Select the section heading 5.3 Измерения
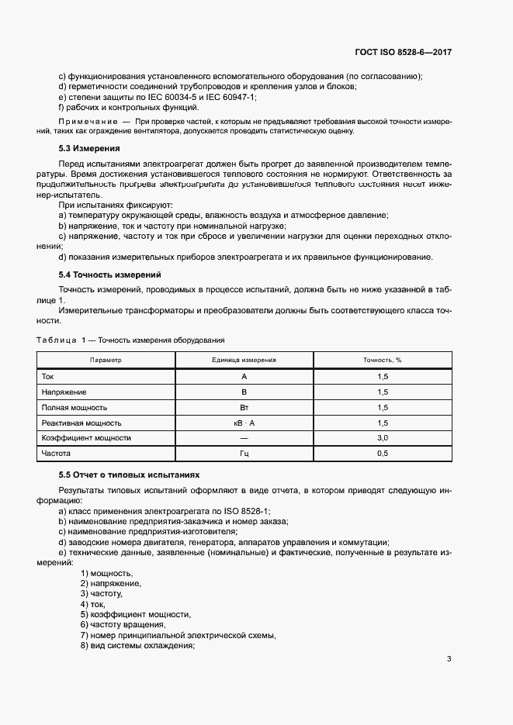pyautogui.click(x=89, y=147)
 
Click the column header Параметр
pyautogui.click(x=106, y=360)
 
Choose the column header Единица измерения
pyautogui.click(x=244, y=360)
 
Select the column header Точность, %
pyautogui.click(x=382, y=360)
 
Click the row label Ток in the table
pyautogui.click(x=48, y=376)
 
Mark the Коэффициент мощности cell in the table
pyautogui.click(x=85, y=438)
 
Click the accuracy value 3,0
pyautogui.click(x=382, y=438)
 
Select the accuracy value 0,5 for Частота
pyautogui.click(x=382, y=454)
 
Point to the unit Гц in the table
pyautogui.click(x=244, y=454)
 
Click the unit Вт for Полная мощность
pyautogui.click(x=244, y=407)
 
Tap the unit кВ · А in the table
pyautogui.click(x=244, y=423)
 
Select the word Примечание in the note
pyautogui.click(x=88, y=122)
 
